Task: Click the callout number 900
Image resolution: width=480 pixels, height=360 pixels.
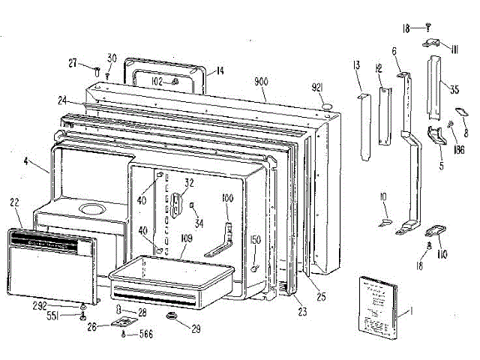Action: [262, 81]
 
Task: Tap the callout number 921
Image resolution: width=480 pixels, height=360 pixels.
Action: [316, 88]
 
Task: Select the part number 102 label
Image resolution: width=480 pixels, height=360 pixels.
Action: [157, 81]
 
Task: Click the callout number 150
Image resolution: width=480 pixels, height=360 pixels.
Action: [256, 239]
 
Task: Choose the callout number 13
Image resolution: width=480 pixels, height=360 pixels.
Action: [355, 67]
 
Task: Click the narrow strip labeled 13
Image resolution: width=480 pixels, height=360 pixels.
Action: [365, 127]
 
